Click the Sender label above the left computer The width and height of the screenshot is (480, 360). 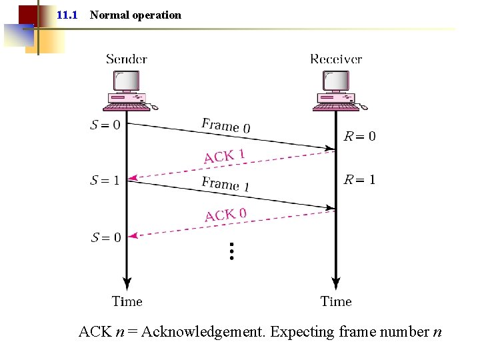126,59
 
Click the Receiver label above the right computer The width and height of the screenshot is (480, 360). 336,59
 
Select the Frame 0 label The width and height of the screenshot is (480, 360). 226,125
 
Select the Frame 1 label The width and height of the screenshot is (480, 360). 225,184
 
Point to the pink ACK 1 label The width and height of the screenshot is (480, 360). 225,156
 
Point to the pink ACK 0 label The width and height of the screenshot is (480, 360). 225,215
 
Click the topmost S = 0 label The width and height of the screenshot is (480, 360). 105,125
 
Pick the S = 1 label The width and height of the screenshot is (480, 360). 105,180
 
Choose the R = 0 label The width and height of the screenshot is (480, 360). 359,137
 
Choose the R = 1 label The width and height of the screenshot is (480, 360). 359,179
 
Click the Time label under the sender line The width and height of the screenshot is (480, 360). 127,301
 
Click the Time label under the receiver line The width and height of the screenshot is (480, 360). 336,301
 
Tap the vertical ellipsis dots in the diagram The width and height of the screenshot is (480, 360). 231,251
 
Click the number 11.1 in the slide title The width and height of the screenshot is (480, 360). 67,15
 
